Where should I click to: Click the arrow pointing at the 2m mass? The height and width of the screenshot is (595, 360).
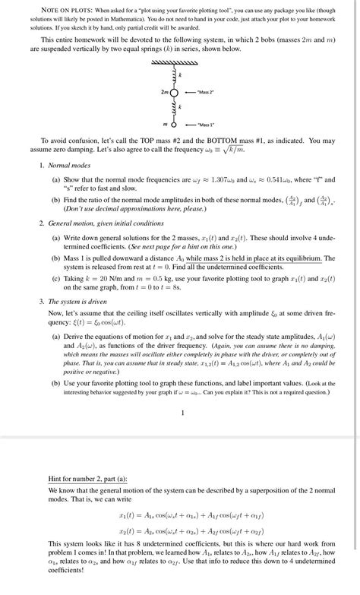(x=191, y=92)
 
